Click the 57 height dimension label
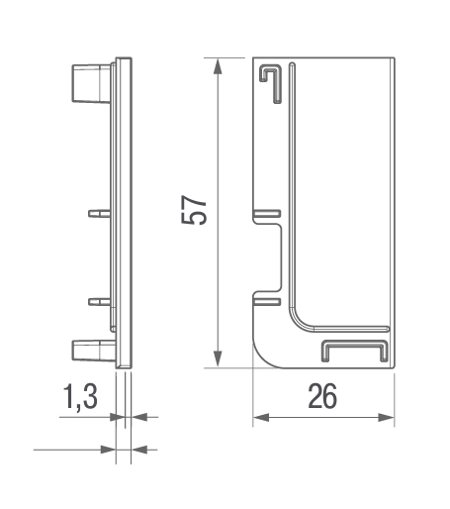pos(194,210)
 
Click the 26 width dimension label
pos(322,396)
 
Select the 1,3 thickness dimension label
pos(80,397)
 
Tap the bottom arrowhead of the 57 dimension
pos(218,359)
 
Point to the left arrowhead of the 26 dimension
pos(261,418)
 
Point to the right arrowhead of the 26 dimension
pos(386,418)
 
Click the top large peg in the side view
pos(91,83)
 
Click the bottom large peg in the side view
pos(93,351)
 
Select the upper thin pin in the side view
pos(99,213)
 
